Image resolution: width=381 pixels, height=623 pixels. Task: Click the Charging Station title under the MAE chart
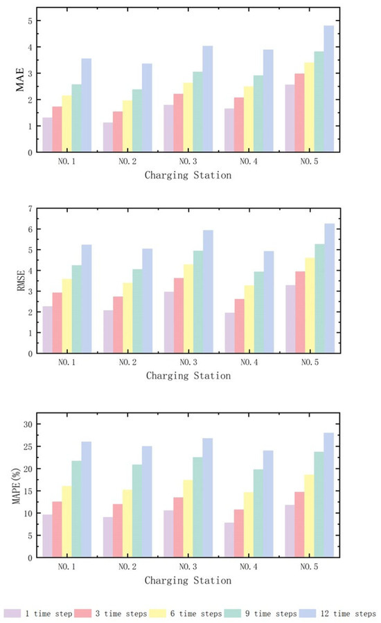tap(188, 176)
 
